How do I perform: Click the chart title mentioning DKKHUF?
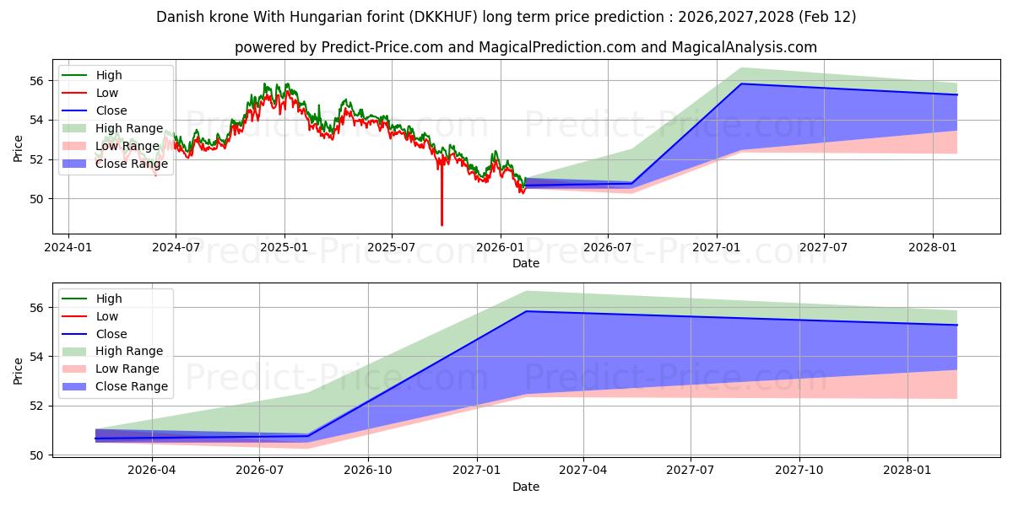click(x=506, y=17)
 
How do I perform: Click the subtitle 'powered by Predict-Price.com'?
click(x=525, y=47)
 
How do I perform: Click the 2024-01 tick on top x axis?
click(x=68, y=247)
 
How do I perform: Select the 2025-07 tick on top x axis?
click(x=392, y=247)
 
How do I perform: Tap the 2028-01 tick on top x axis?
click(x=933, y=247)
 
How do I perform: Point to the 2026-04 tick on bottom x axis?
click(x=150, y=471)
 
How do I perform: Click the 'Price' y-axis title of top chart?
click(x=19, y=148)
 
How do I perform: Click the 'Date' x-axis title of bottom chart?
click(x=525, y=487)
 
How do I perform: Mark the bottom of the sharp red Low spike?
click(x=441, y=225)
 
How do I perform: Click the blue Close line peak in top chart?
click(x=741, y=83)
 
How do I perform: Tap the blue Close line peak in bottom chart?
click(x=527, y=311)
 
